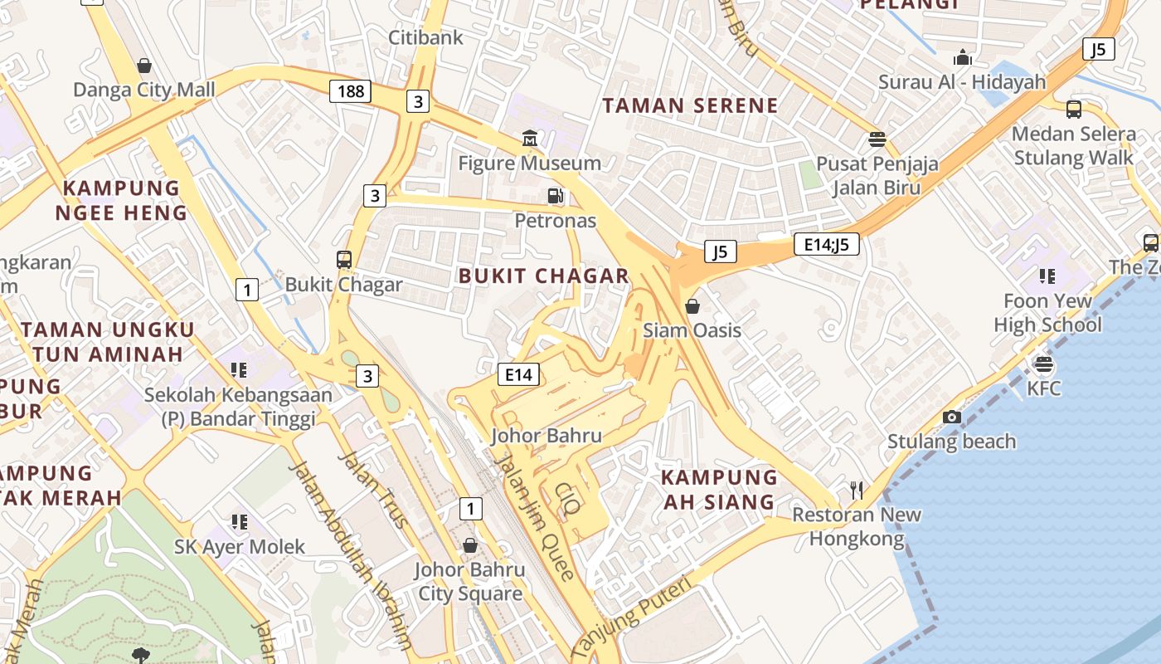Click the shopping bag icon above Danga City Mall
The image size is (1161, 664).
pyautogui.click(x=144, y=66)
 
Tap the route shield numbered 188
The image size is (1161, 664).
pyautogui.click(x=350, y=90)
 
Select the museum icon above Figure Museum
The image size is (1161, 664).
pyautogui.click(x=530, y=138)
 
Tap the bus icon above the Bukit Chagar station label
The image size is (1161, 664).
pyautogui.click(x=344, y=259)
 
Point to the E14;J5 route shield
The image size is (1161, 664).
pyautogui.click(x=826, y=244)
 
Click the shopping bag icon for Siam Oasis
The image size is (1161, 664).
pyautogui.click(x=692, y=306)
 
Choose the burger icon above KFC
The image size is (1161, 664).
pyautogui.click(x=1043, y=364)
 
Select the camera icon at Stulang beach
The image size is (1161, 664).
pyautogui.click(x=952, y=417)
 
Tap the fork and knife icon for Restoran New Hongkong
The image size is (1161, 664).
pyautogui.click(x=857, y=491)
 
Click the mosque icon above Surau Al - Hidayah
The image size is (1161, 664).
pyautogui.click(x=963, y=57)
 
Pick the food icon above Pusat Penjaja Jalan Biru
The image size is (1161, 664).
pyautogui.click(x=877, y=139)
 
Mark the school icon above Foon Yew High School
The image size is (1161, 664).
pyautogui.click(x=1047, y=276)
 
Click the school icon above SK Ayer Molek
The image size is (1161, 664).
pyautogui.click(x=240, y=522)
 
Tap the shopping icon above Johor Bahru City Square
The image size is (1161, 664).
pyautogui.click(x=470, y=545)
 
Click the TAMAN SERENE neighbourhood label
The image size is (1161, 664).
pyautogui.click(x=690, y=105)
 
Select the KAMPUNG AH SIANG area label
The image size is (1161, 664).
pyautogui.click(x=719, y=490)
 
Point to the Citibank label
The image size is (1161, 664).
pyautogui.click(x=426, y=37)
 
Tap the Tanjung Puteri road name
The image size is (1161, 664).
pyautogui.click(x=631, y=618)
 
